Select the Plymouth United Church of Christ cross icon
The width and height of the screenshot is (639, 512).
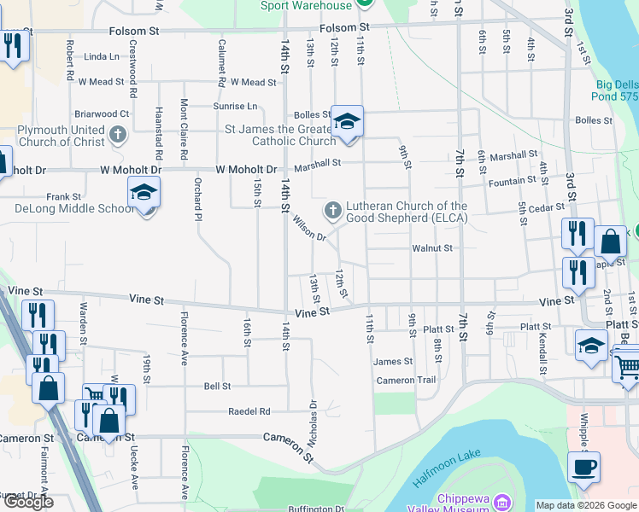[119, 134]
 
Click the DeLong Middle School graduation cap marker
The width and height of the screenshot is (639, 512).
[144, 194]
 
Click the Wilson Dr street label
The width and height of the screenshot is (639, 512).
[309, 228]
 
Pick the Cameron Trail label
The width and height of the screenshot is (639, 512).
[406, 381]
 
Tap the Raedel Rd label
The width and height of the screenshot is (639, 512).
[249, 411]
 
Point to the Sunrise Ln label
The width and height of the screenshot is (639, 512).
[240, 107]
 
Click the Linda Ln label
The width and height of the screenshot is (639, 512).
[103, 56]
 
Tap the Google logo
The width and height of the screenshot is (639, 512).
[28, 502]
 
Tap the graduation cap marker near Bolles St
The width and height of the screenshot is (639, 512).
[347, 123]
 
